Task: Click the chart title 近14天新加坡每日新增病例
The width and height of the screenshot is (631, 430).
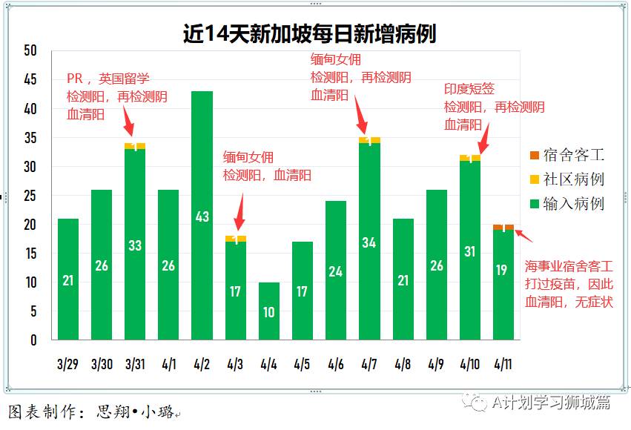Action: (309, 33)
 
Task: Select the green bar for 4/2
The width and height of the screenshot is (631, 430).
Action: (202, 215)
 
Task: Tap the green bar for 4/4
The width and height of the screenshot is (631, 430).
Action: (268, 311)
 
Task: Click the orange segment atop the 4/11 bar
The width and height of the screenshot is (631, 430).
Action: (503, 228)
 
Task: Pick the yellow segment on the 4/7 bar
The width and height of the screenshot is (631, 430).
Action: (369, 140)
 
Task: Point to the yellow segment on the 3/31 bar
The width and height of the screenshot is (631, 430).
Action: (135, 146)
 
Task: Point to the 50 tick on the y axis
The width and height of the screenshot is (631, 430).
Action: (30, 50)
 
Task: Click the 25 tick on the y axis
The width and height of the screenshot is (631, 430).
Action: (30, 196)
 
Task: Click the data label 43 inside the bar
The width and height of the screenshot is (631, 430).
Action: (202, 216)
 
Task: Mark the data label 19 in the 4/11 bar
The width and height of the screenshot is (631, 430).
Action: (503, 271)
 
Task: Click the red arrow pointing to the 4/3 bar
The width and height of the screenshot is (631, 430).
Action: (239, 219)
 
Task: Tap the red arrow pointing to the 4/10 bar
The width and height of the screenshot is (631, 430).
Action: (483, 139)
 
